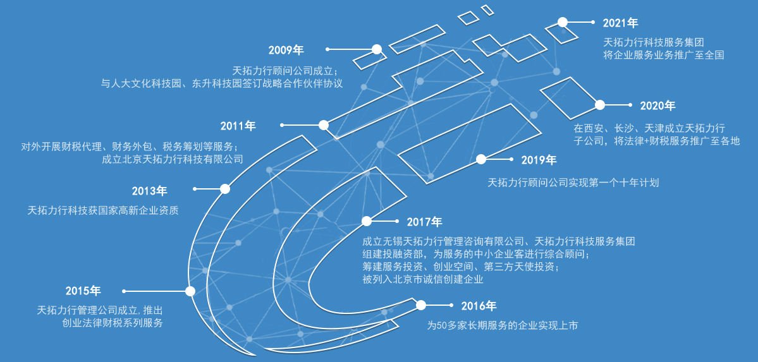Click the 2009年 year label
coord(286,50)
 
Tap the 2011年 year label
coord(238,126)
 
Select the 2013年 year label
coord(149,190)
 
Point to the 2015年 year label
coord(83,291)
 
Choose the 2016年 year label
coord(479,306)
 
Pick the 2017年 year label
coord(424,222)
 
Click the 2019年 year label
coord(539,160)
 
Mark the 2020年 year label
coord(657,106)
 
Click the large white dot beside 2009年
coord(377,49)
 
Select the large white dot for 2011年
coord(324,125)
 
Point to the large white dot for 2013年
coord(225,188)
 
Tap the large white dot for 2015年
coord(190,291)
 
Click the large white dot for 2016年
coord(421,305)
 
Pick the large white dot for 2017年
coord(366,221)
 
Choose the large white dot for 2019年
coord(481,159)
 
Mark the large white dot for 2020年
coord(600,104)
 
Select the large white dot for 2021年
coord(562,22)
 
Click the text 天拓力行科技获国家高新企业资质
coord(103,210)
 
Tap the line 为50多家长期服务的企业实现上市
coord(502,326)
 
